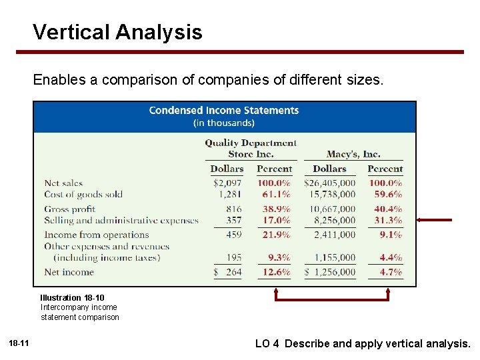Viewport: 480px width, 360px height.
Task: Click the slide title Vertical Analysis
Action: click(117, 32)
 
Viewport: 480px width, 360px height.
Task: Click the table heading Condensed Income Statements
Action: click(224, 111)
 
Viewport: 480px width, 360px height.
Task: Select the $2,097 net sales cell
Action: click(227, 183)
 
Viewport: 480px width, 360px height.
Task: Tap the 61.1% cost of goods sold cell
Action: click(273, 195)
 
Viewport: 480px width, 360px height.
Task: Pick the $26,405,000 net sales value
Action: click(329, 183)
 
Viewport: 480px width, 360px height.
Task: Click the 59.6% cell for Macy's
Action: click(385, 195)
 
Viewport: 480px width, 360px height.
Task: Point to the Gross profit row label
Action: click(70, 209)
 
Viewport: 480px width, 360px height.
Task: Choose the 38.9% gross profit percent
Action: click(273, 209)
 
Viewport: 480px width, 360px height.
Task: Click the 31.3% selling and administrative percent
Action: click(385, 221)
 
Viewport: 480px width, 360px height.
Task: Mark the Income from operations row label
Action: click(97, 235)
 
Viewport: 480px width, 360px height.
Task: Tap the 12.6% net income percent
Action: click(273, 272)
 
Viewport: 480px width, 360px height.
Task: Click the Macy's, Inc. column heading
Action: click(353, 154)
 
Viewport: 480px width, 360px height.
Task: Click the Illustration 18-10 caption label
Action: click(72, 297)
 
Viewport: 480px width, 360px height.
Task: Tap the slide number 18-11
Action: click(19, 343)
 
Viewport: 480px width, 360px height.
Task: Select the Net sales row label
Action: click(63, 183)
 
